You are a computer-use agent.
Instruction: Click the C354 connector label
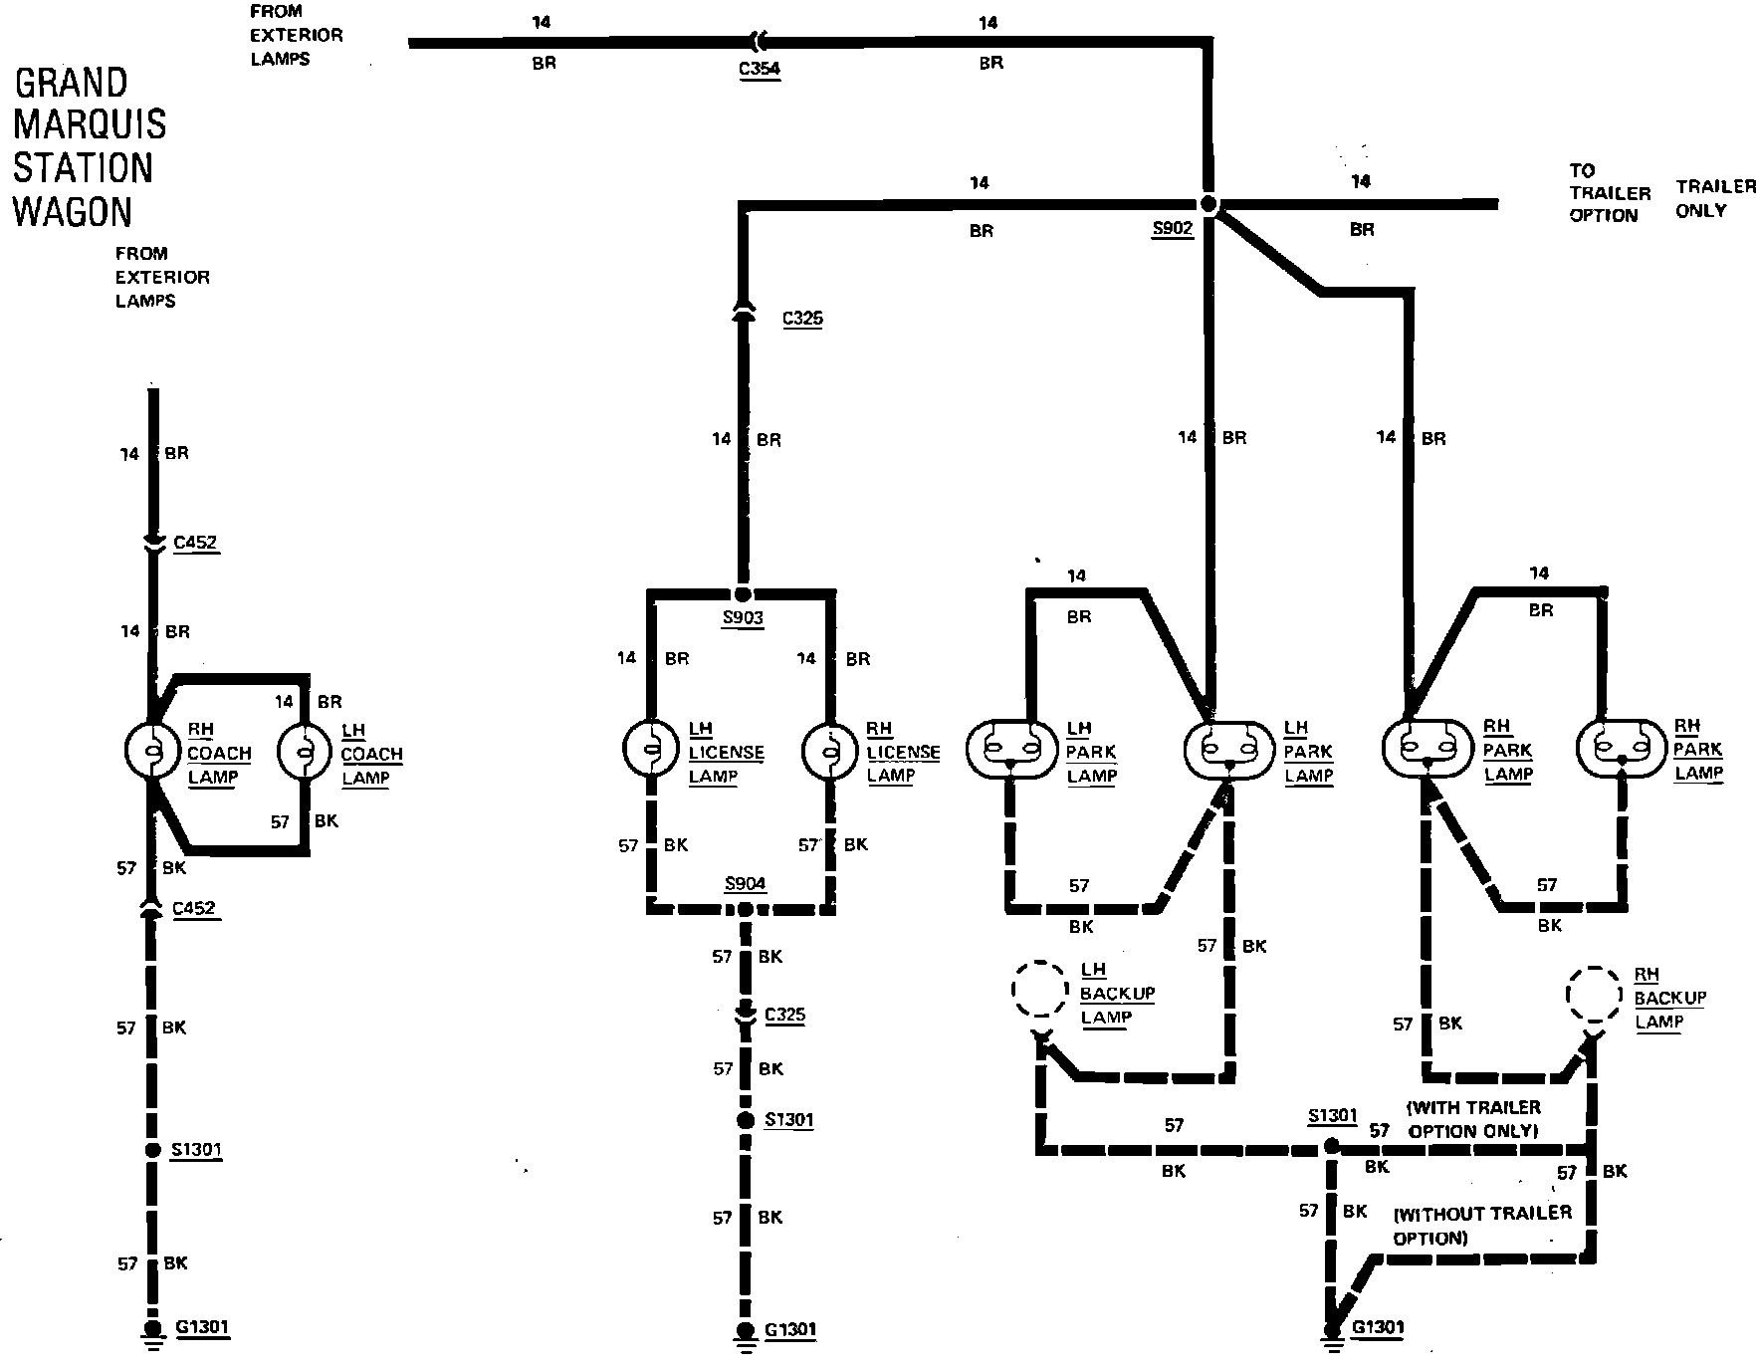click(x=760, y=70)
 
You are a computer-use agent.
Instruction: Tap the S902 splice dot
click(x=1208, y=205)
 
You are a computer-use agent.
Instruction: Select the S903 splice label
click(x=743, y=618)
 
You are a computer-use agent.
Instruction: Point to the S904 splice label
click(x=745, y=884)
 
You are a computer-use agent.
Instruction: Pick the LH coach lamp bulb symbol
click(x=305, y=751)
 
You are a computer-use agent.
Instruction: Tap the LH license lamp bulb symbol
click(x=651, y=749)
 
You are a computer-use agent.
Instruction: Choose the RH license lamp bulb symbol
click(x=830, y=749)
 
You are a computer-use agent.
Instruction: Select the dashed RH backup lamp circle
click(x=1595, y=993)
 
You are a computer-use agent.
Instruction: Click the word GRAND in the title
click(x=71, y=83)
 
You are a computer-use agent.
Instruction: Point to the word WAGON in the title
click(x=73, y=212)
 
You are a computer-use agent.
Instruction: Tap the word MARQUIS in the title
click(x=90, y=125)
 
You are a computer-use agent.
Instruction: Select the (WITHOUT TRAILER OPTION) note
click(x=1481, y=1226)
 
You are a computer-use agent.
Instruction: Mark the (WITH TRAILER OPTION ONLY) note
click(x=1473, y=1119)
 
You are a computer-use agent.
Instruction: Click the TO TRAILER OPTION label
click(x=1609, y=193)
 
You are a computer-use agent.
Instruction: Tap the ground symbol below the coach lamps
click(x=152, y=1334)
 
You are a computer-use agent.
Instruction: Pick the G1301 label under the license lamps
click(x=790, y=1330)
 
